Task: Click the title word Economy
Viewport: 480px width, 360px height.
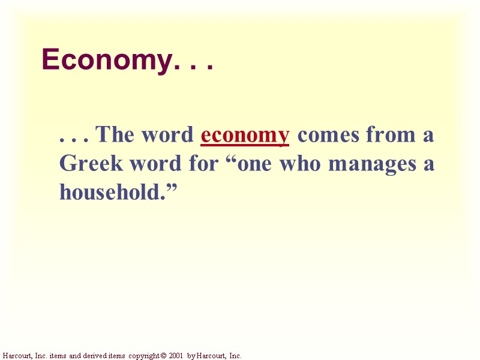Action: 106,61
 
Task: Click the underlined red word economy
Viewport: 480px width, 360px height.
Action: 245,135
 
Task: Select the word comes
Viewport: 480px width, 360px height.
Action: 329,135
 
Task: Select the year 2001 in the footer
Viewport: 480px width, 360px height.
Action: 176,356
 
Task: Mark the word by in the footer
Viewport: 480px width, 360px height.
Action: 191,356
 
